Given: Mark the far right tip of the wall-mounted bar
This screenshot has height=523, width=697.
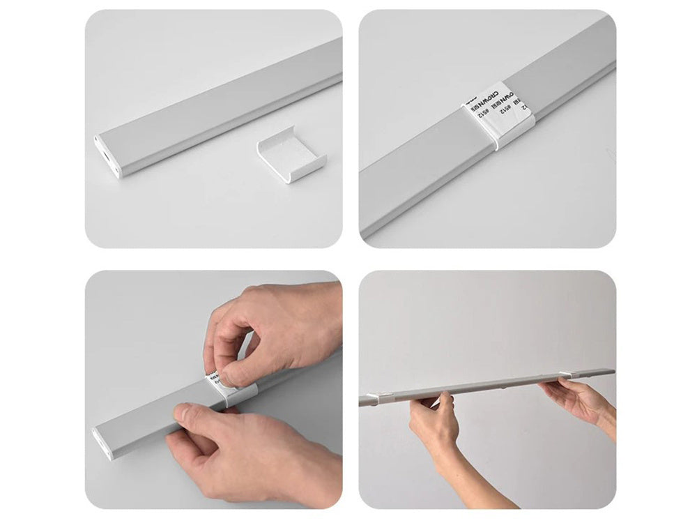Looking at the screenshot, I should click(613, 371).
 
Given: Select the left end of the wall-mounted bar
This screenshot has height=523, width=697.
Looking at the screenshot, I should click(363, 401).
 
